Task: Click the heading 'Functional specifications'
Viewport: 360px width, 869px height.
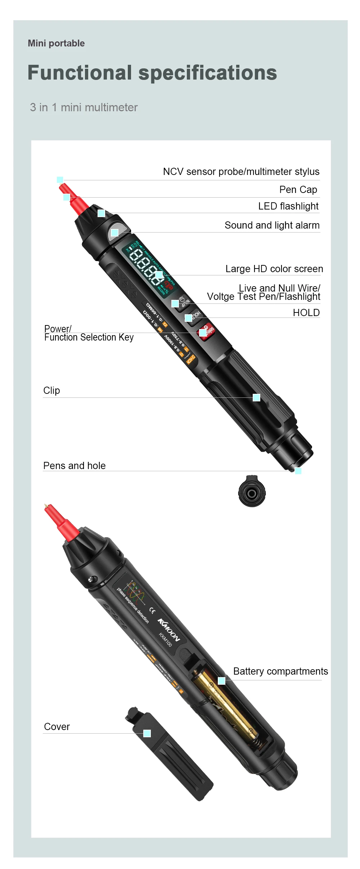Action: click(152, 73)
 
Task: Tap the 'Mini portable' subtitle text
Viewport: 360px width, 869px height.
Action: click(56, 44)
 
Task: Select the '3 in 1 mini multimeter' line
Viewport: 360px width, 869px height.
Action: click(84, 107)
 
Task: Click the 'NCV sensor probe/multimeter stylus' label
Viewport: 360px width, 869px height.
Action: click(241, 172)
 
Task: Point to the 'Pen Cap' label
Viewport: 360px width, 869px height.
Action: click(298, 190)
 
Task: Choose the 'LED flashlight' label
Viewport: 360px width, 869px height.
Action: click(288, 206)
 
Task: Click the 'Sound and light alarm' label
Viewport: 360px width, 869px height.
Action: click(272, 225)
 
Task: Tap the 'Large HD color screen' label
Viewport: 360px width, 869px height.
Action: click(274, 269)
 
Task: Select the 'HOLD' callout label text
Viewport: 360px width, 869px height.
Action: click(306, 313)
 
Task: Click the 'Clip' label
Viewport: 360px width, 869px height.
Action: click(51, 391)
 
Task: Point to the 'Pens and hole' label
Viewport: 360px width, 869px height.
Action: click(74, 466)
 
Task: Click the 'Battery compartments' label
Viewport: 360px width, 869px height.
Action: click(280, 671)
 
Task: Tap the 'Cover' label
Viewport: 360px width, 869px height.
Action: click(57, 727)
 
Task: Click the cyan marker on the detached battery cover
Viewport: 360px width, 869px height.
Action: click(147, 733)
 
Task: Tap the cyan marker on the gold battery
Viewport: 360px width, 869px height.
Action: click(221, 681)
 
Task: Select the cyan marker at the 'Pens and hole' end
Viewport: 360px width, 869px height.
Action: click(298, 470)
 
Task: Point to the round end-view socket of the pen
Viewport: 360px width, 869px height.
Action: click(252, 494)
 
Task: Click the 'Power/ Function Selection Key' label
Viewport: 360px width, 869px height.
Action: click(89, 333)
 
